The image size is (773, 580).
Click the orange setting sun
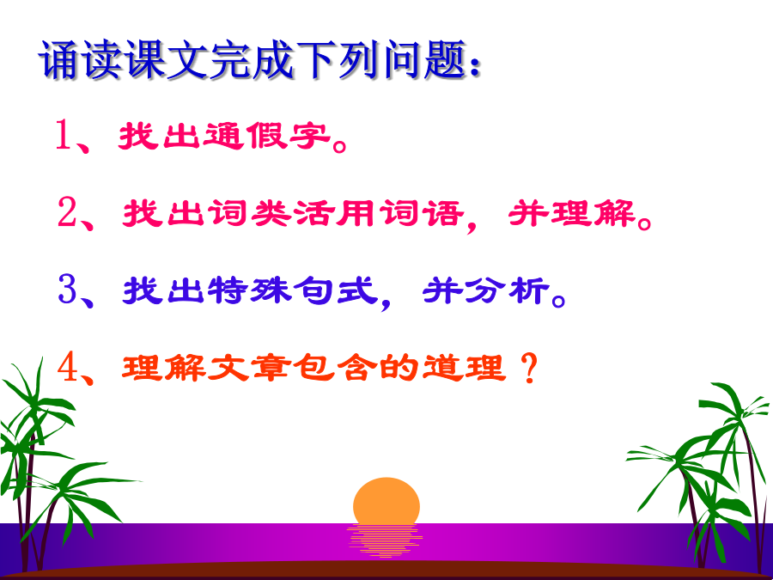pos(386,501)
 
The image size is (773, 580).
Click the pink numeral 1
pos(63,134)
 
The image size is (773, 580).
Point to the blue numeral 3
pos(68,289)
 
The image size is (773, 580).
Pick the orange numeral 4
pos(68,368)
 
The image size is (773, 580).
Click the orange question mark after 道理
pos(528,368)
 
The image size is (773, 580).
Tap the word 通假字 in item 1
pos(265,135)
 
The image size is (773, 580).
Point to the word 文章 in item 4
pos(247,368)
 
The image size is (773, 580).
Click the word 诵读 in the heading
pos(81,60)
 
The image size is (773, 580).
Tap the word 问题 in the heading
pos(425,60)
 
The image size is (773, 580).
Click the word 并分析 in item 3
pos(486,290)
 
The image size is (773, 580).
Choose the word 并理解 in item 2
pos(571,212)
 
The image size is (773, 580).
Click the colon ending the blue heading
pos(475,66)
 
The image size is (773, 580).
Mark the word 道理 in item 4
pos(464,368)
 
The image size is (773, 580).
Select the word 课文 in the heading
pos(166,60)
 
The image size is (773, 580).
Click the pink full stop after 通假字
pos(340,145)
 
